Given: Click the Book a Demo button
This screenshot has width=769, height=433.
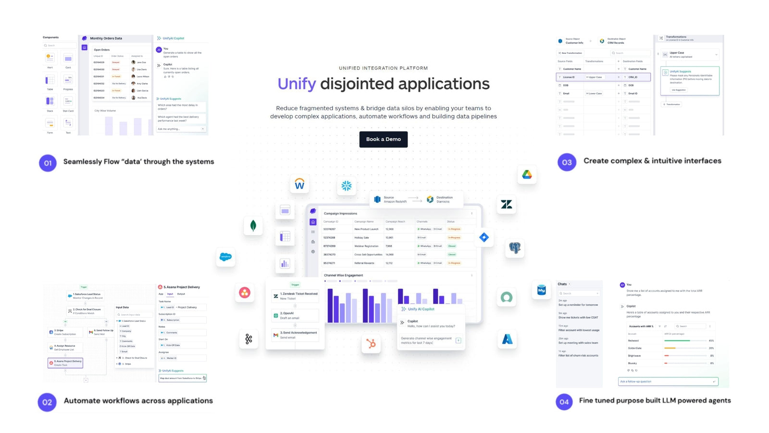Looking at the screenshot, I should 383,140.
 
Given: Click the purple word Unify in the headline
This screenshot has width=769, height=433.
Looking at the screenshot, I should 297,84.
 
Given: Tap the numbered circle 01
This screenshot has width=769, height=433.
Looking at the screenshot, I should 48,163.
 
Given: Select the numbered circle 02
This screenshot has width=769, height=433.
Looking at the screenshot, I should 47,402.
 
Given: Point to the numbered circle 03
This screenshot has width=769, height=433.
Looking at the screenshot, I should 567,162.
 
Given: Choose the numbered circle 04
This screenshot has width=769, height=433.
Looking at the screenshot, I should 564,402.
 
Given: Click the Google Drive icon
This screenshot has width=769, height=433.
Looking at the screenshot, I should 527,175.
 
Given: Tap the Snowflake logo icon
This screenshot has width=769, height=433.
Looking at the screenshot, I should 346,186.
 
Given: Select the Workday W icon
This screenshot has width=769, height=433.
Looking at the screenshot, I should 299,184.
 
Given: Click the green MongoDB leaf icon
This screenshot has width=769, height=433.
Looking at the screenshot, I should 253,225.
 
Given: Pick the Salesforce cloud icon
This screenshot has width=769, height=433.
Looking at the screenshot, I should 225,257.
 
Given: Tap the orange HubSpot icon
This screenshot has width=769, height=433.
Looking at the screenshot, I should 371,343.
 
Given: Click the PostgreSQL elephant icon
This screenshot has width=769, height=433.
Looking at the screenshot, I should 515,248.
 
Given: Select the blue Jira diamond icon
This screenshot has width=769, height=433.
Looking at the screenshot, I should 484,237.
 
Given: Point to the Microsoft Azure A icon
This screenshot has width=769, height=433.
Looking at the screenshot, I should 507,339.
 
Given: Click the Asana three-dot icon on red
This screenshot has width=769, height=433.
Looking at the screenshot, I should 245,293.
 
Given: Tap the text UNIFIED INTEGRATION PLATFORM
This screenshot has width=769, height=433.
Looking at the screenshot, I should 383,68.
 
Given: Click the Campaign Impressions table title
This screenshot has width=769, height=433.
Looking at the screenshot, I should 340,214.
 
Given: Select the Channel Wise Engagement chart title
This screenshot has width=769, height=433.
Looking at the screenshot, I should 343,275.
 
